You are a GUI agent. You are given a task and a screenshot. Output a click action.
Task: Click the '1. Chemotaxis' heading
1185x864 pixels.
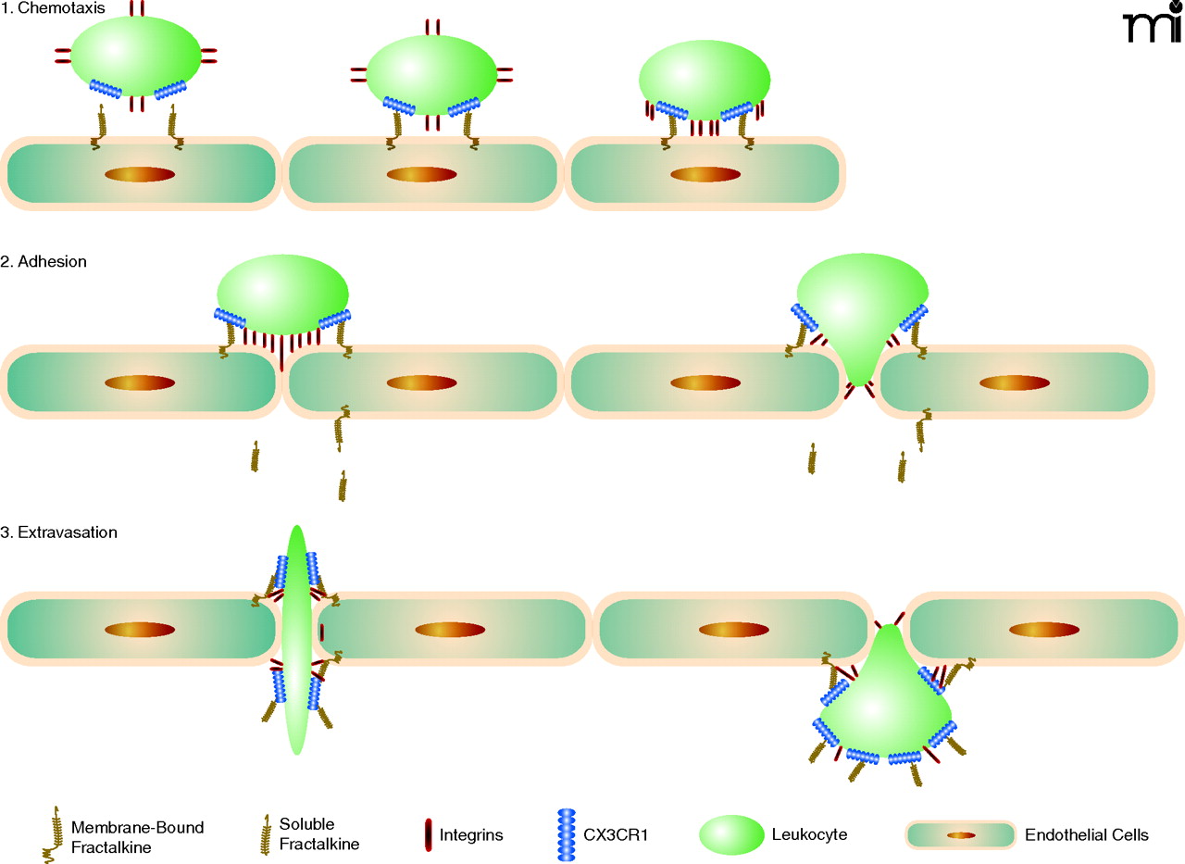coord(53,8)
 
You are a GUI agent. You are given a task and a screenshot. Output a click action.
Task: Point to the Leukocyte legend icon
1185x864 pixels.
coord(731,834)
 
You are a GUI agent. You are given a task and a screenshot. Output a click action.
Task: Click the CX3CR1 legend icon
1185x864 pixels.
coord(565,834)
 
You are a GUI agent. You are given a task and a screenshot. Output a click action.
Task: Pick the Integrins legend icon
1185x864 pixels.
coord(428,835)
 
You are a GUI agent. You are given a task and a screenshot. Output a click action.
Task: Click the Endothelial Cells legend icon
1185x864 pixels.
coord(960,834)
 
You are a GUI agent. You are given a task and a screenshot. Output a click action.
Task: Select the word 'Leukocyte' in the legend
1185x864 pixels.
coord(809,835)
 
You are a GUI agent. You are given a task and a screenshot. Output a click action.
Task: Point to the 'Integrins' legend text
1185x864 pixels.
coord(473,835)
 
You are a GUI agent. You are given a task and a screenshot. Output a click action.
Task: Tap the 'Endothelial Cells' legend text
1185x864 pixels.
coord(1087,835)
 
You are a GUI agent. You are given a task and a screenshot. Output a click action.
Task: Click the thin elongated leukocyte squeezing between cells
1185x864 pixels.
coord(296,639)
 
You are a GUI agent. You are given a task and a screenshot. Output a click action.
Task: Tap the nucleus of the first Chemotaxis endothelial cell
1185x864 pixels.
coord(140,174)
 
